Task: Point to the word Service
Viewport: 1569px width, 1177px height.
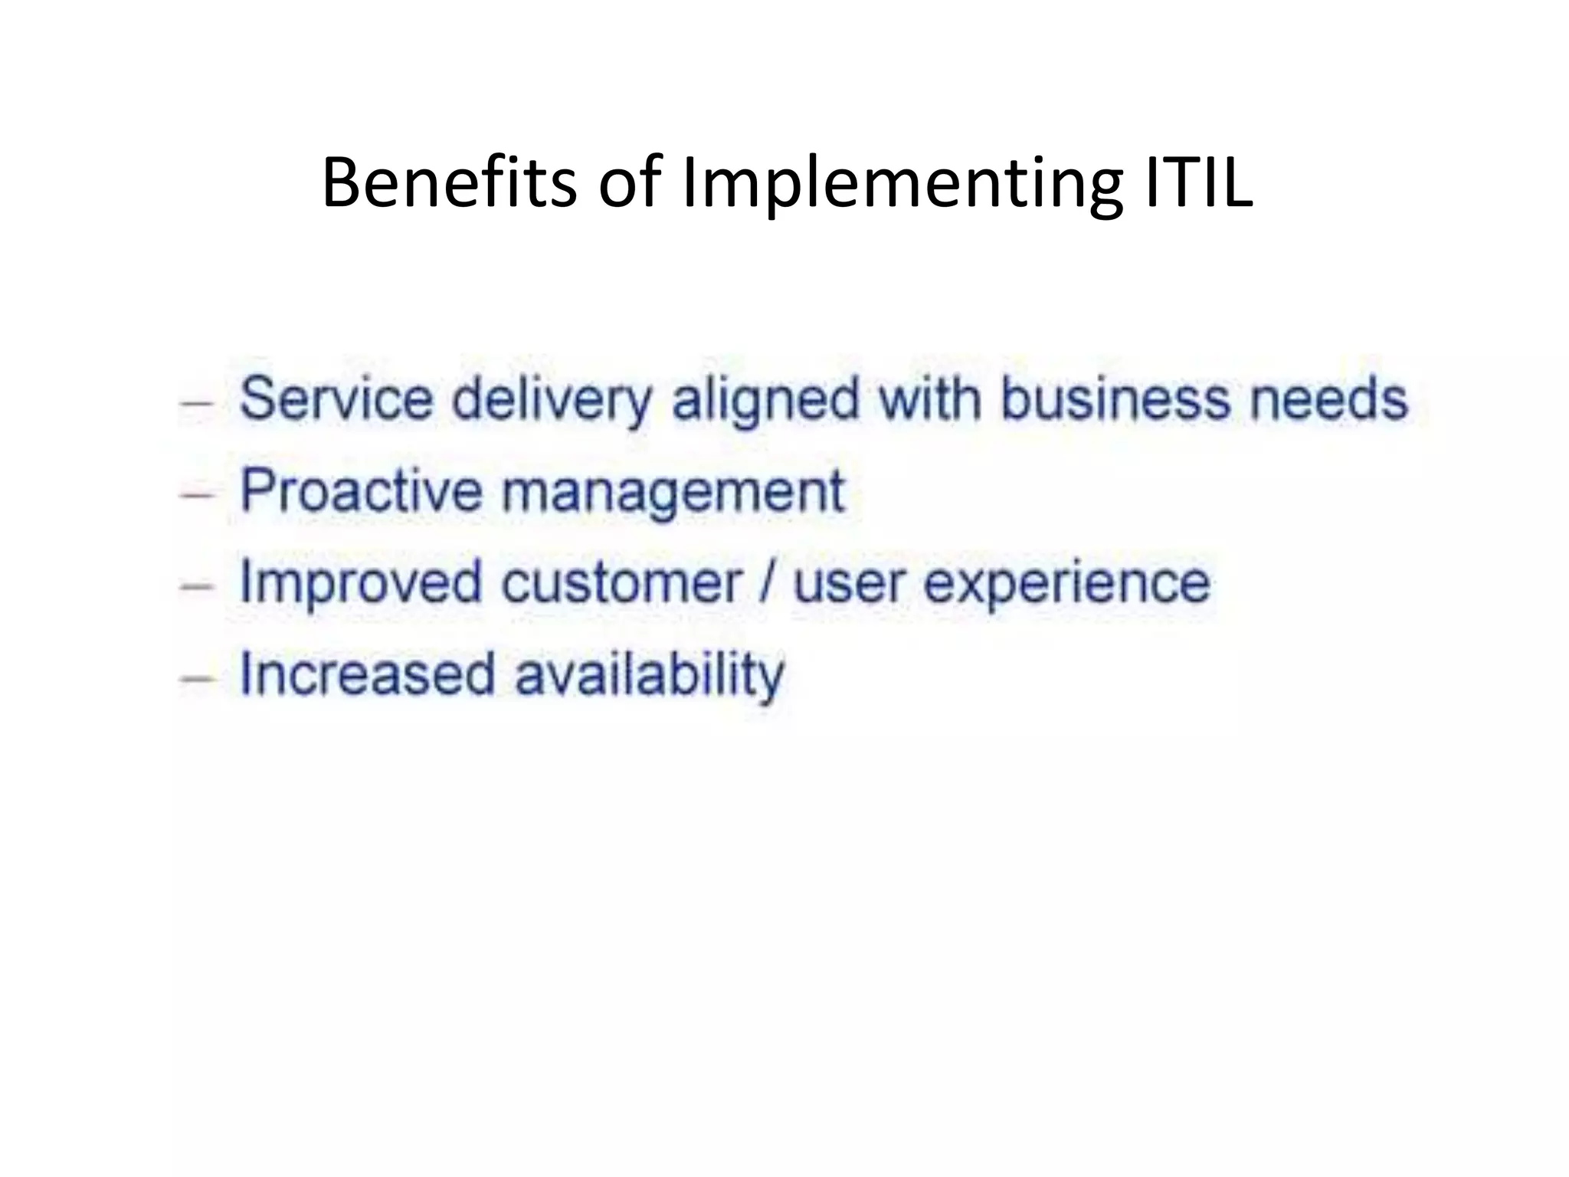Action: (x=336, y=399)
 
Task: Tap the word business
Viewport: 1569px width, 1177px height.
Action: (x=1115, y=399)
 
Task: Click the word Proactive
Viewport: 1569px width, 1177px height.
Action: (x=361, y=490)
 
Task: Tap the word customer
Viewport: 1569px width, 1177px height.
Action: (x=621, y=582)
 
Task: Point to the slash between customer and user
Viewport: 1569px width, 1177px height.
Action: (x=767, y=582)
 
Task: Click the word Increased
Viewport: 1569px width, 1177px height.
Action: (x=367, y=674)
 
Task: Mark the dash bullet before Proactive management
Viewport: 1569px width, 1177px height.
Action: (x=196, y=493)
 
